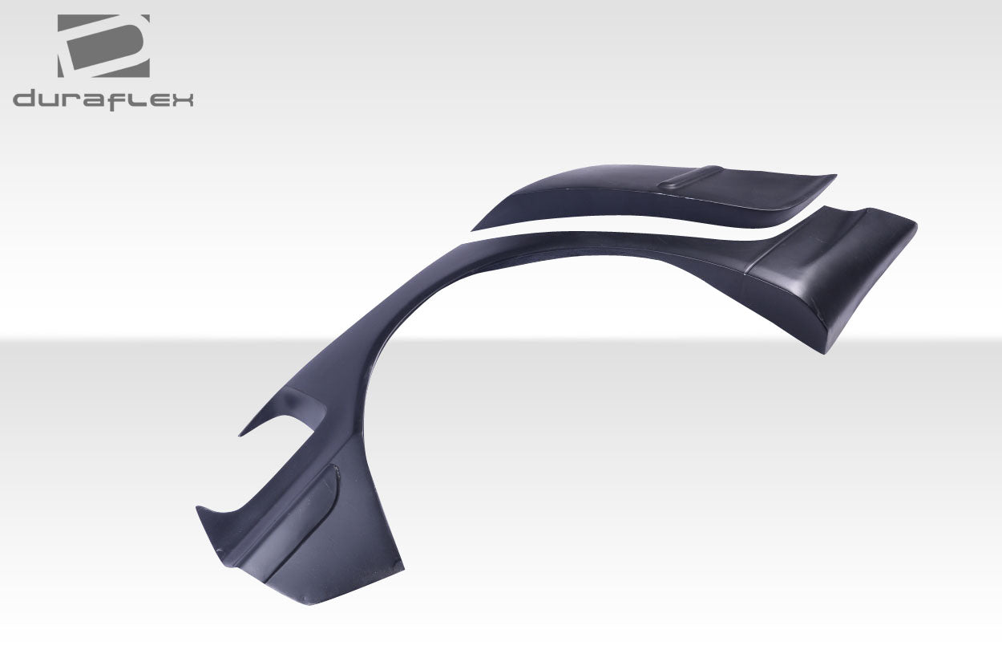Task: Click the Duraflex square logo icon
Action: tap(103, 46)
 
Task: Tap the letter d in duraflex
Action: tap(26, 99)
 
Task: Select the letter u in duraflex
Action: tap(51, 100)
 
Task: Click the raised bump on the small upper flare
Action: tap(690, 178)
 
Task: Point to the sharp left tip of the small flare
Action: tap(474, 229)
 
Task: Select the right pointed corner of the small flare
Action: tap(834, 177)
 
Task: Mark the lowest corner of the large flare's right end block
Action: tap(823, 352)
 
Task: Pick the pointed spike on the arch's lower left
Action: tap(241, 435)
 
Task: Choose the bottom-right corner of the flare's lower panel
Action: tap(402, 571)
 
